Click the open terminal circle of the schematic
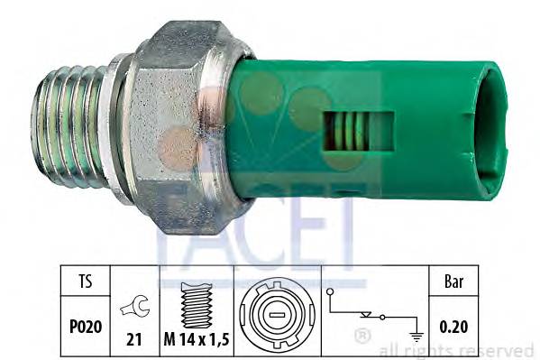pyautogui.click(x=331, y=292)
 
